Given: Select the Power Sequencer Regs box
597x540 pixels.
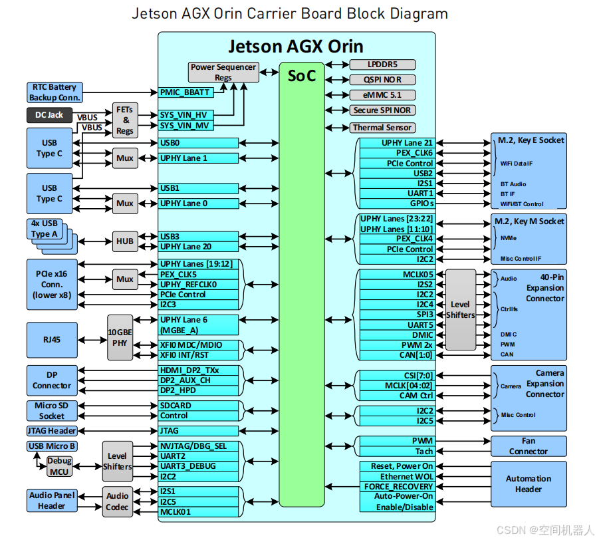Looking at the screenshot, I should pyautogui.click(x=223, y=72).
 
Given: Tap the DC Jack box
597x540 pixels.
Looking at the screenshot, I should pyautogui.click(x=49, y=114).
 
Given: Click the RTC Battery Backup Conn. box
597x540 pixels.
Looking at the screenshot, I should pyautogui.click(x=55, y=92).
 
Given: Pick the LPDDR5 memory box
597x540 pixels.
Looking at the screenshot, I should pyautogui.click(x=382, y=65).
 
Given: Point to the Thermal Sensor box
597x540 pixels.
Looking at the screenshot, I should pyautogui.click(x=382, y=127).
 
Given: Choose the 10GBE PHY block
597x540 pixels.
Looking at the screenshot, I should pyautogui.click(x=120, y=338).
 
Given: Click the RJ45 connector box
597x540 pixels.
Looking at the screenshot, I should pyautogui.click(x=52, y=339).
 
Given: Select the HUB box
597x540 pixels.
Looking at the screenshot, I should pyautogui.click(x=124, y=241).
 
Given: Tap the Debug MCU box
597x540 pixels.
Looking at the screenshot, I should pyautogui.click(x=60, y=466).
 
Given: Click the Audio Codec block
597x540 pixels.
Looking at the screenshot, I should pyautogui.click(x=118, y=501).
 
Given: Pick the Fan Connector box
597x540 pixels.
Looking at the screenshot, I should pyautogui.click(x=529, y=446).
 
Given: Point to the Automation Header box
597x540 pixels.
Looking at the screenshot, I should pyautogui.click(x=529, y=483).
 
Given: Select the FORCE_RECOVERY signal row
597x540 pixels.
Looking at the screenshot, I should pyautogui.click(x=398, y=486).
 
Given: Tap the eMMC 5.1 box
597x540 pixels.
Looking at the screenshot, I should pyautogui.click(x=382, y=95).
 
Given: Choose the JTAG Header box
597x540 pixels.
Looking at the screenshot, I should pyautogui.click(x=52, y=430).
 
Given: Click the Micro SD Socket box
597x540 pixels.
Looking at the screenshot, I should pyautogui.click(x=52, y=410).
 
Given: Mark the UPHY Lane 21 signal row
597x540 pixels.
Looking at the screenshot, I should pyautogui.click(x=398, y=143).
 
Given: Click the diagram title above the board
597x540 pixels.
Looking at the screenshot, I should pyautogui.click(x=290, y=13).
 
